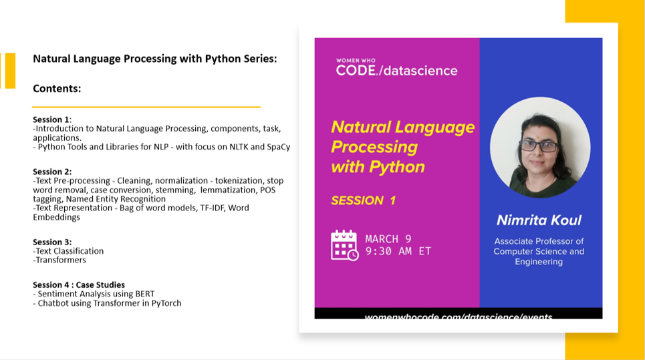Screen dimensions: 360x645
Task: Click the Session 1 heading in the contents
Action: (x=51, y=120)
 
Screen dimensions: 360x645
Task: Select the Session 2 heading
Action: (x=51, y=172)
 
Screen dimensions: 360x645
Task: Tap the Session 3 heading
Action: (x=51, y=242)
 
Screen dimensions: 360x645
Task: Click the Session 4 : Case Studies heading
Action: (x=78, y=285)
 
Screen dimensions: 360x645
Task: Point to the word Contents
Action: (x=57, y=88)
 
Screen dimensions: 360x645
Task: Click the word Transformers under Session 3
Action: (x=61, y=260)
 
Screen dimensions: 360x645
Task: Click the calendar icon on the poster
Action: (x=344, y=244)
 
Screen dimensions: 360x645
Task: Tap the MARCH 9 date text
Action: (x=388, y=238)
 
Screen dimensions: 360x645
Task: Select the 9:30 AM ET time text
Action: (x=398, y=251)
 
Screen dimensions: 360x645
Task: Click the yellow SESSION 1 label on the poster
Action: (x=363, y=200)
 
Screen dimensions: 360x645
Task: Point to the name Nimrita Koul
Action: (x=539, y=220)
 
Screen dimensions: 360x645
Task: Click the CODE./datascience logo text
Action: (x=396, y=70)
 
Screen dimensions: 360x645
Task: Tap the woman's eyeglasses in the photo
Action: (x=538, y=145)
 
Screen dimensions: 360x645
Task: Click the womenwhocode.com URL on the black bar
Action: (x=459, y=316)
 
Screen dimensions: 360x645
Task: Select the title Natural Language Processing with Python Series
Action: (x=154, y=59)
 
